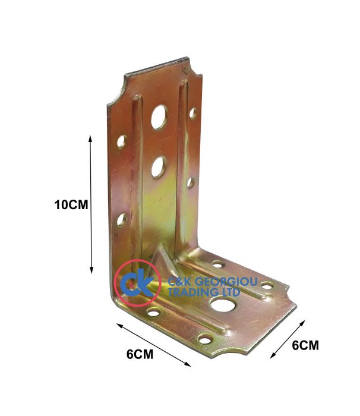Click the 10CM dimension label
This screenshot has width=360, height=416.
[x=71, y=205]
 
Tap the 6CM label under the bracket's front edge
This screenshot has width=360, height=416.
[x=140, y=354]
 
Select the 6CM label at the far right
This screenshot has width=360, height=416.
[x=305, y=345]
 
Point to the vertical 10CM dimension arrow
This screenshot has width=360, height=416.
[x=91, y=204]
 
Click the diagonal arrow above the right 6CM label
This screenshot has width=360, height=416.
[x=288, y=339]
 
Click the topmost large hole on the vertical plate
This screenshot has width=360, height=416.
[x=159, y=117]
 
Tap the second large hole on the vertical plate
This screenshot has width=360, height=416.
[x=159, y=167]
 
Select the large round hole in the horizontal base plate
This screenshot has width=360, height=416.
[x=223, y=304]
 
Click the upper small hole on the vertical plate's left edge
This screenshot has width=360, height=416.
[x=121, y=141]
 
